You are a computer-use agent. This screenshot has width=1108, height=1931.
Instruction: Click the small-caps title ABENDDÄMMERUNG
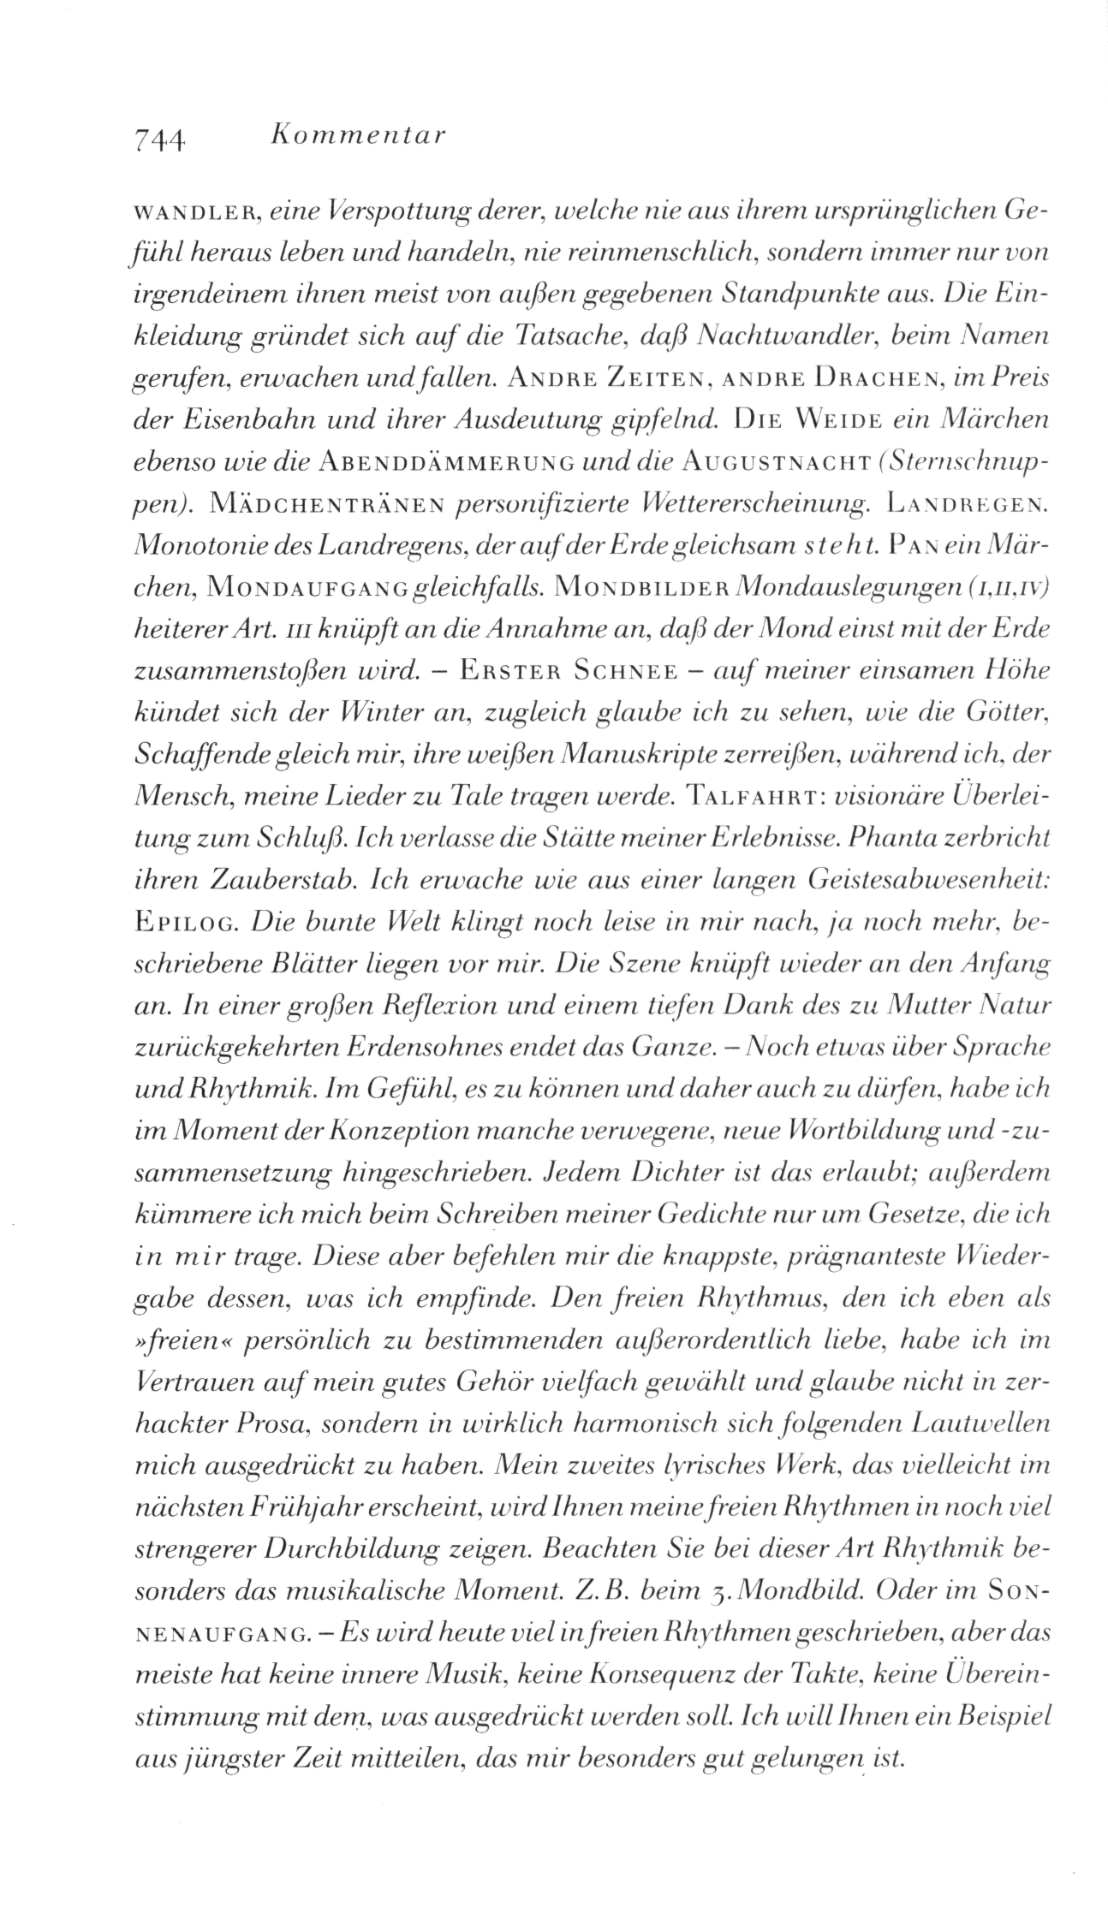pos(444,462)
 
